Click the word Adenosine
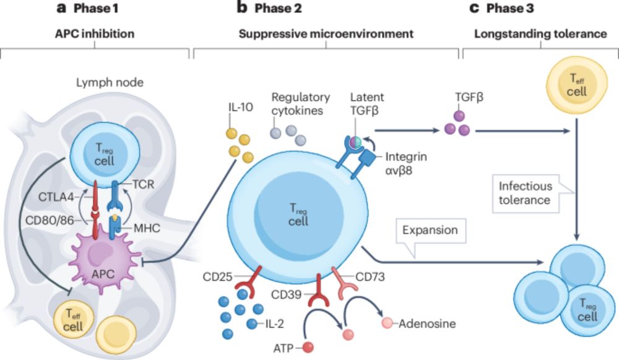point(427,324)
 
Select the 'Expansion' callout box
point(428,231)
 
